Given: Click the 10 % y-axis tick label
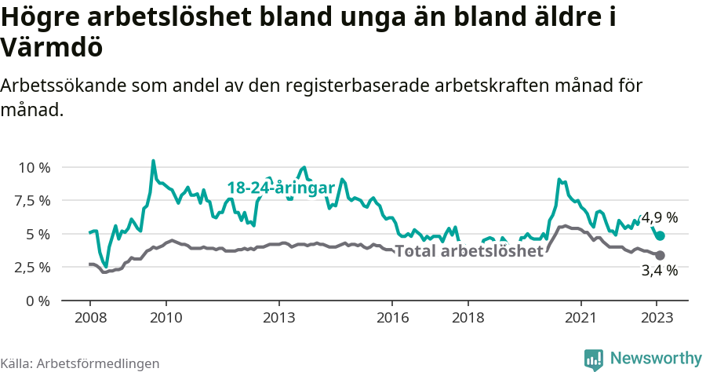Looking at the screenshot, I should (x=34, y=167).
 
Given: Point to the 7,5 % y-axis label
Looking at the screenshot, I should (x=32, y=200).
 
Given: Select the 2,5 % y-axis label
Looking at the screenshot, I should (x=32, y=267).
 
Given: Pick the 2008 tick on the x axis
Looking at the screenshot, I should (x=89, y=318).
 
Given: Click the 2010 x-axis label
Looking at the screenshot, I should (x=166, y=318).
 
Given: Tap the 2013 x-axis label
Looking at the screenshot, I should (x=278, y=318).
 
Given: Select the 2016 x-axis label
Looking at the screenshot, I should (x=392, y=318).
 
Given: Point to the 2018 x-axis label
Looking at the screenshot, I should (x=468, y=318).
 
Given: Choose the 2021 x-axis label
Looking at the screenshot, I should (x=581, y=318).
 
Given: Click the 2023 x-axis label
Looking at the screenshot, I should (x=657, y=318).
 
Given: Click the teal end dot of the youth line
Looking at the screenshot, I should (x=661, y=235).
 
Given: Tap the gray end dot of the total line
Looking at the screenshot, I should (x=661, y=255).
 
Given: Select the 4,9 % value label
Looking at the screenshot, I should (x=660, y=217).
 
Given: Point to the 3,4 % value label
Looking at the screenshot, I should (x=660, y=271).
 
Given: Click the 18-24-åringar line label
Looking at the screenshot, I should (x=281, y=188).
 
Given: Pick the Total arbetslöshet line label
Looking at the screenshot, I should (x=468, y=251).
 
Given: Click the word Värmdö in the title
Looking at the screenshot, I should (x=52, y=48).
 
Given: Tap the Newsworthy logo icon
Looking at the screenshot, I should (x=594, y=359).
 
